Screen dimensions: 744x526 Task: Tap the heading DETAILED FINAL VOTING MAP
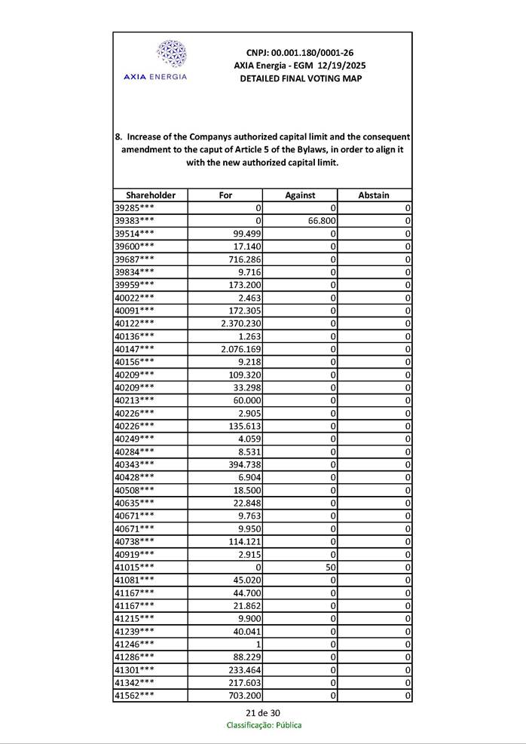click(300, 78)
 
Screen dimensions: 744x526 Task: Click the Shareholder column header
click(151, 195)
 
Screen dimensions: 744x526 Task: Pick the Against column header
click(300, 195)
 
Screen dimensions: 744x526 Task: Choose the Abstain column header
click(374, 195)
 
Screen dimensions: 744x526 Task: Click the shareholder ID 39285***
click(134, 208)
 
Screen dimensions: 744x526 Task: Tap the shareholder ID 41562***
click(134, 695)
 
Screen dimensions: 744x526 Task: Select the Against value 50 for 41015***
click(330, 567)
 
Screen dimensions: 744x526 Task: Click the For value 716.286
click(245, 259)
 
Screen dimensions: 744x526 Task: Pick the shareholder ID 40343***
click(134, 464)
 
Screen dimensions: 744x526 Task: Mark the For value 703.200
click(245, 695)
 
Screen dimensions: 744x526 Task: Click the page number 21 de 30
click(263, 713)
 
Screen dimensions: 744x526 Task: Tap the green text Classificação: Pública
click(264, 725)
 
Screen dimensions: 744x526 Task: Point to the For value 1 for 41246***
click(258, 644)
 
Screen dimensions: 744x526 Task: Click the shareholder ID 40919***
click(134, 554)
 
